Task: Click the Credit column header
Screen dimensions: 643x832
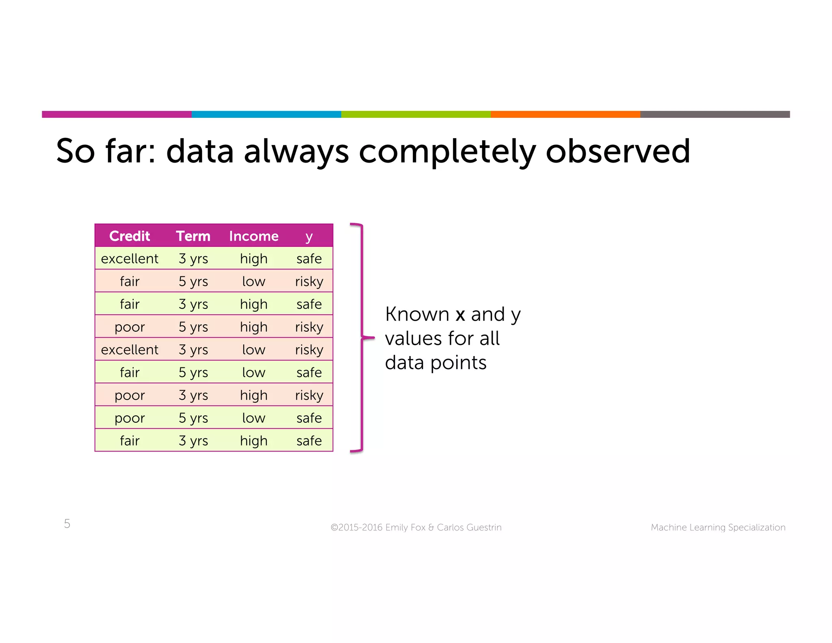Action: click(130, 236)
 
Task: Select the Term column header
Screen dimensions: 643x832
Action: click(193, 236)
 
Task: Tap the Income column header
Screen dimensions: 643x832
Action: click(253, 236)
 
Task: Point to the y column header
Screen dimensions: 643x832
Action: click(309, 236)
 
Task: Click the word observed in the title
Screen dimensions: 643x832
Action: click(617, 151)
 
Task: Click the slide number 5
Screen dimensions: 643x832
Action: click(67, 524)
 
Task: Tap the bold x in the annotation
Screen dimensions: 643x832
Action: click(460, 315)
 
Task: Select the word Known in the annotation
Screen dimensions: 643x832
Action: click(417, 314)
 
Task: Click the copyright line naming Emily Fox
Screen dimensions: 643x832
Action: click(416, 527)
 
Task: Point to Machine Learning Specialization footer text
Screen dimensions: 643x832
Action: click(718, 527)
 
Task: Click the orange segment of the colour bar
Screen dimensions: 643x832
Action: click(565, 114)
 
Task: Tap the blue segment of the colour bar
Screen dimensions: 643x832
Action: click(266, 114)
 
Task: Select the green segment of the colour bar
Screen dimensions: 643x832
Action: click(416, 114)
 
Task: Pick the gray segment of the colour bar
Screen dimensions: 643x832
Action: click(715, 114)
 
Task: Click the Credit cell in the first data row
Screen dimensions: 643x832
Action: click(130, 259)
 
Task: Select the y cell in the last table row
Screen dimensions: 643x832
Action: click(309, 441)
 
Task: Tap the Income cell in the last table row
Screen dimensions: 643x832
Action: click(253, 441)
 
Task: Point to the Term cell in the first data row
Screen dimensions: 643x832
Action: click(193, 259)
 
